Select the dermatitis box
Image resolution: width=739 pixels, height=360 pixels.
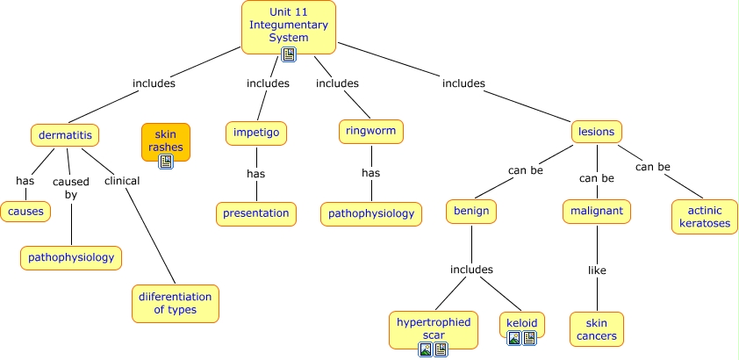[64, 135]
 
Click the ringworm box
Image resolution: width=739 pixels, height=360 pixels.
[370, 132]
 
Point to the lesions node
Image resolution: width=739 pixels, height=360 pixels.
[597, 132]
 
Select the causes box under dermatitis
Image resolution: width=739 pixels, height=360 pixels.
[25, 212]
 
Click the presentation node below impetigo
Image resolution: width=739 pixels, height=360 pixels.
[255, 212]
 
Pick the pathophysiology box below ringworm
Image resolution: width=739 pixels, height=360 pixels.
[370, 213]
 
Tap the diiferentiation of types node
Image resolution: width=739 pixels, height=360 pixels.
[175, 303]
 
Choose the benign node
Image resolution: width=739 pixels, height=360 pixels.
[471, 212]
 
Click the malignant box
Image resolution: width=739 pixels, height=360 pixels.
[597, 212]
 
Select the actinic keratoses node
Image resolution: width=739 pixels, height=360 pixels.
[704, 217]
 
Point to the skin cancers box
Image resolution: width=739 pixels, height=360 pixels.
[597, 329]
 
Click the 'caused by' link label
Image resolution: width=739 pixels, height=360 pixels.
[71, 188]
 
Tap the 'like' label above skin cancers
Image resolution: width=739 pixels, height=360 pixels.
[597, 270]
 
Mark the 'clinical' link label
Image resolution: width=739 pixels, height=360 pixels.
[122, 181]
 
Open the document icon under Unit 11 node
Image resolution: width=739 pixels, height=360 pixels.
[289, 54]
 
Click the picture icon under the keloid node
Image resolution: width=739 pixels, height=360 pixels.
[515, 338]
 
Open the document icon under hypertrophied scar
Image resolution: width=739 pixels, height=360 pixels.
[441, 349]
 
